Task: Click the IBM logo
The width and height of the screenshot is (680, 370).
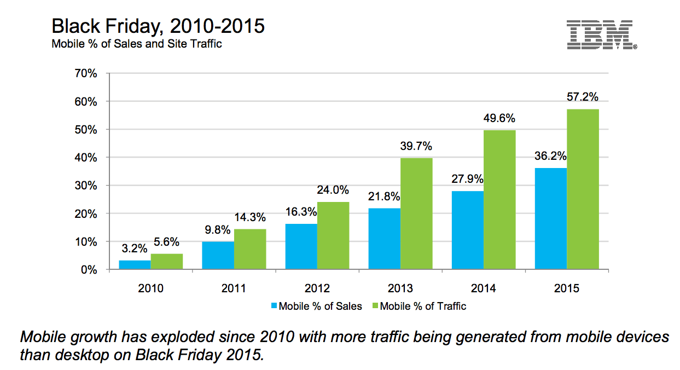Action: point(601,34)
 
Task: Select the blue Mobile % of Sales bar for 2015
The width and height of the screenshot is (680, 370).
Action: point(550,218)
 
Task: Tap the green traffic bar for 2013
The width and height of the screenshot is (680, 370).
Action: point(416,213)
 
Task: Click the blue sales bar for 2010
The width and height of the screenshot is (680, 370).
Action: point(135,264)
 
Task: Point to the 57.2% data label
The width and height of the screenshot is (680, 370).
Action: point(582,97)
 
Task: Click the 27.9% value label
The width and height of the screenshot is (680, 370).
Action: point(468,179)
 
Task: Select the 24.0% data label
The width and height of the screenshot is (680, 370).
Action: point(333,190)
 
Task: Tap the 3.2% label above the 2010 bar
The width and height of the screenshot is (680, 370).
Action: point(133,248)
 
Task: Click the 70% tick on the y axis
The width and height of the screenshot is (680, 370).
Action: point(86,73)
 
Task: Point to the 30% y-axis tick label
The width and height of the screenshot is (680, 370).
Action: point(86,186)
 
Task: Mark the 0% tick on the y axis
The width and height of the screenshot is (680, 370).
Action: point(89,270)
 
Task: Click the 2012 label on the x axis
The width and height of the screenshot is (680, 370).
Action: point(317,288)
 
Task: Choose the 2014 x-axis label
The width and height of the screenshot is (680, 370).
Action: point(483,288)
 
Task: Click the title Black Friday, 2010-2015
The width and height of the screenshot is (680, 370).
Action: point(158,26)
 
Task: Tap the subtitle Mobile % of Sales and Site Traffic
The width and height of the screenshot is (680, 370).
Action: point(137,44)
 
